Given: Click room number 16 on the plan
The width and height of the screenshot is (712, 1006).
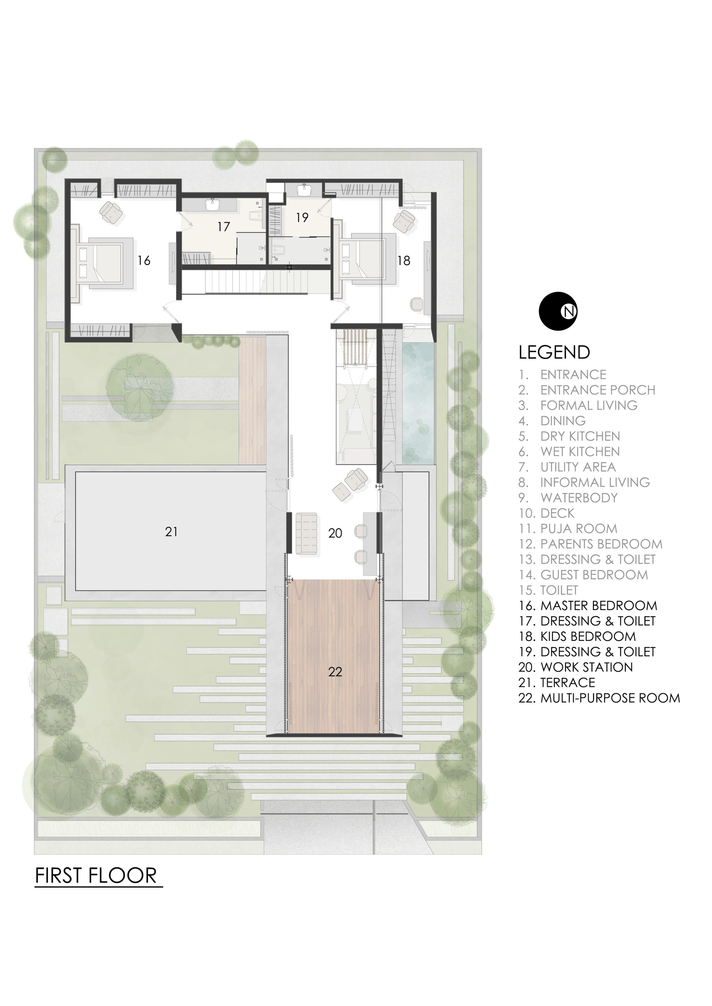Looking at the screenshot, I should [144, 261].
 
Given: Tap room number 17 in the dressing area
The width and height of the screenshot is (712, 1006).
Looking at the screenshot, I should [224, 227].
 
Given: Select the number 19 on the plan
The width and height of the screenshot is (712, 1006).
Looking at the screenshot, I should [302, 217].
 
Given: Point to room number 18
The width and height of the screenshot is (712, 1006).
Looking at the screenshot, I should [403, 261].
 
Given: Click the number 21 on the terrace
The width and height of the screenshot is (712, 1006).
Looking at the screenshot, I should [172, 532].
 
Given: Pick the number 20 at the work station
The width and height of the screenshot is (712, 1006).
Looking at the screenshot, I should [335, 533].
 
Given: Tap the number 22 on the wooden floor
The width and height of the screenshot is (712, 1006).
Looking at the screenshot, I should [335, 672].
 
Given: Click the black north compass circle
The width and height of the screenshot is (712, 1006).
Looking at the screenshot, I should [558, 311].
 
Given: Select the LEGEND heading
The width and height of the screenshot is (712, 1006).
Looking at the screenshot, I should [554, 352].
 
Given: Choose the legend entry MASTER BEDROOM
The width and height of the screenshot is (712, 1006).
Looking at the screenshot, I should [598, 605].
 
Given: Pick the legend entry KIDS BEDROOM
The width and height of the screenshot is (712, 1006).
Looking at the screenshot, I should [587, 636].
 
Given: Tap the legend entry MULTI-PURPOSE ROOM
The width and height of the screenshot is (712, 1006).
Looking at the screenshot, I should [609, 698].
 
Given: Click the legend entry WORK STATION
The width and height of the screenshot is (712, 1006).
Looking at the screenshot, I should [586, 667].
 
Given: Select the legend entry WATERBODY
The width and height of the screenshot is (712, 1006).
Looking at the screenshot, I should [579, 498].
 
